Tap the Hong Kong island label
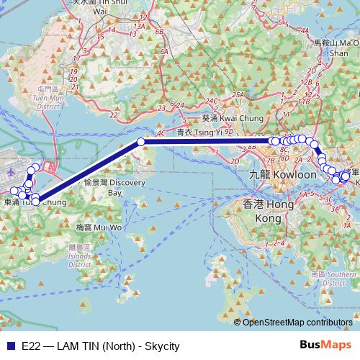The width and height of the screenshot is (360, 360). [x=257, y=211]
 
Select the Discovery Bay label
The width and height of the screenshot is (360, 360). [x=105, y=188]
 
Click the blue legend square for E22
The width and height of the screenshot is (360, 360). [x=9, y=346]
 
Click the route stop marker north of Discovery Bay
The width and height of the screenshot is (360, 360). [x=140, y=142]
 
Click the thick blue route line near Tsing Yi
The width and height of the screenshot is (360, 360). [x=209, y=142]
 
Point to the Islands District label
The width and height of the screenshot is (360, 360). [x=75, y=256]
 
